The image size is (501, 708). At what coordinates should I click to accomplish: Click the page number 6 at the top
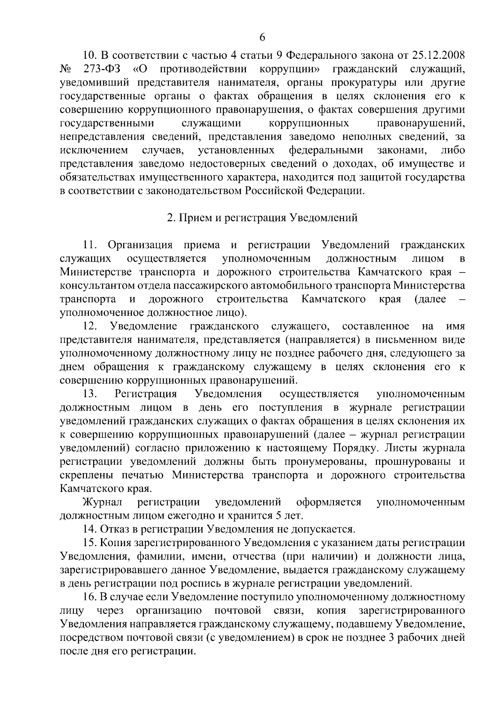pyautogui.click(x=262, y=37)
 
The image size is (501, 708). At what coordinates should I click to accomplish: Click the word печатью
pyautogui.click(x=143, y=475)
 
